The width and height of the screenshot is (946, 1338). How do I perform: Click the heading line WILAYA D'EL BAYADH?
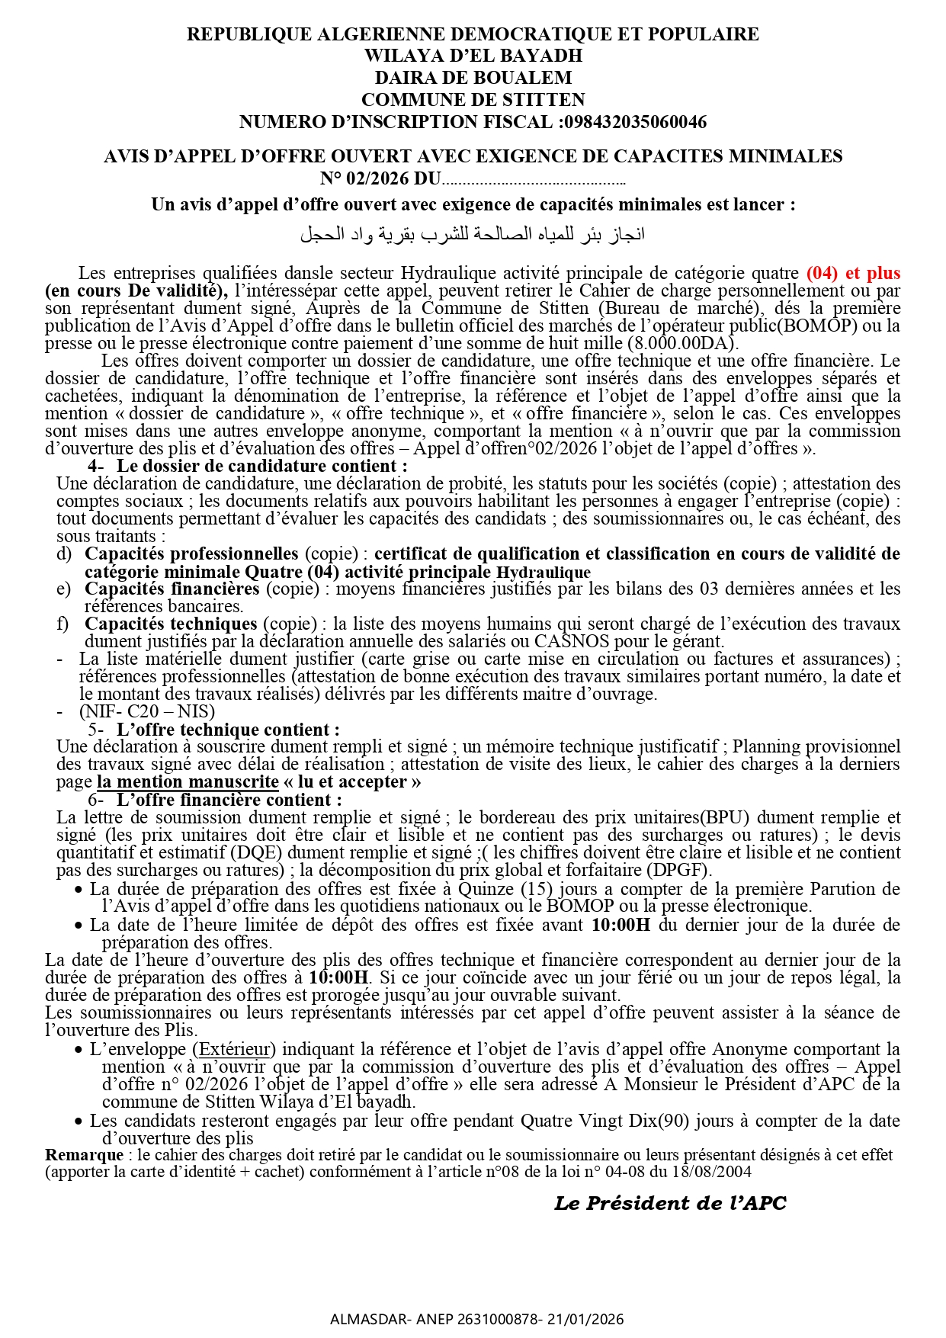(x=473, y=56)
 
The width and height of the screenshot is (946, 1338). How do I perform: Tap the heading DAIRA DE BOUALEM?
(x=473, y=78)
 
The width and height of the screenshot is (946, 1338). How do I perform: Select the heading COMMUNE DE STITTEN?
(x=473, y=100)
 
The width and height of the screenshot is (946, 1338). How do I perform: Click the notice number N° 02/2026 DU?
(x=380, y=180)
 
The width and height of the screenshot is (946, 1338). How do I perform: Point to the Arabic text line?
(x=473, y=234)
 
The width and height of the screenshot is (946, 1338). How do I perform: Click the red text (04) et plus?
(x=853, y=273)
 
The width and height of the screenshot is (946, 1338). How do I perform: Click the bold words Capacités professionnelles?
(x=191, y=553)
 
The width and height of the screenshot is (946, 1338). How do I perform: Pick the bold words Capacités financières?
(x=172, y=589)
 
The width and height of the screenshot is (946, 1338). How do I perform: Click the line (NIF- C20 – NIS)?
(x=147, y=711)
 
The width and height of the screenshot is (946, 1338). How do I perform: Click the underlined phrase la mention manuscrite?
(x=188, y=781)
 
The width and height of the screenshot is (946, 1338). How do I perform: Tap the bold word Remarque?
(x=84, y=1155)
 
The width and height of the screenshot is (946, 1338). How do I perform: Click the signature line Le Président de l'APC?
(x=669, y=1204)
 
